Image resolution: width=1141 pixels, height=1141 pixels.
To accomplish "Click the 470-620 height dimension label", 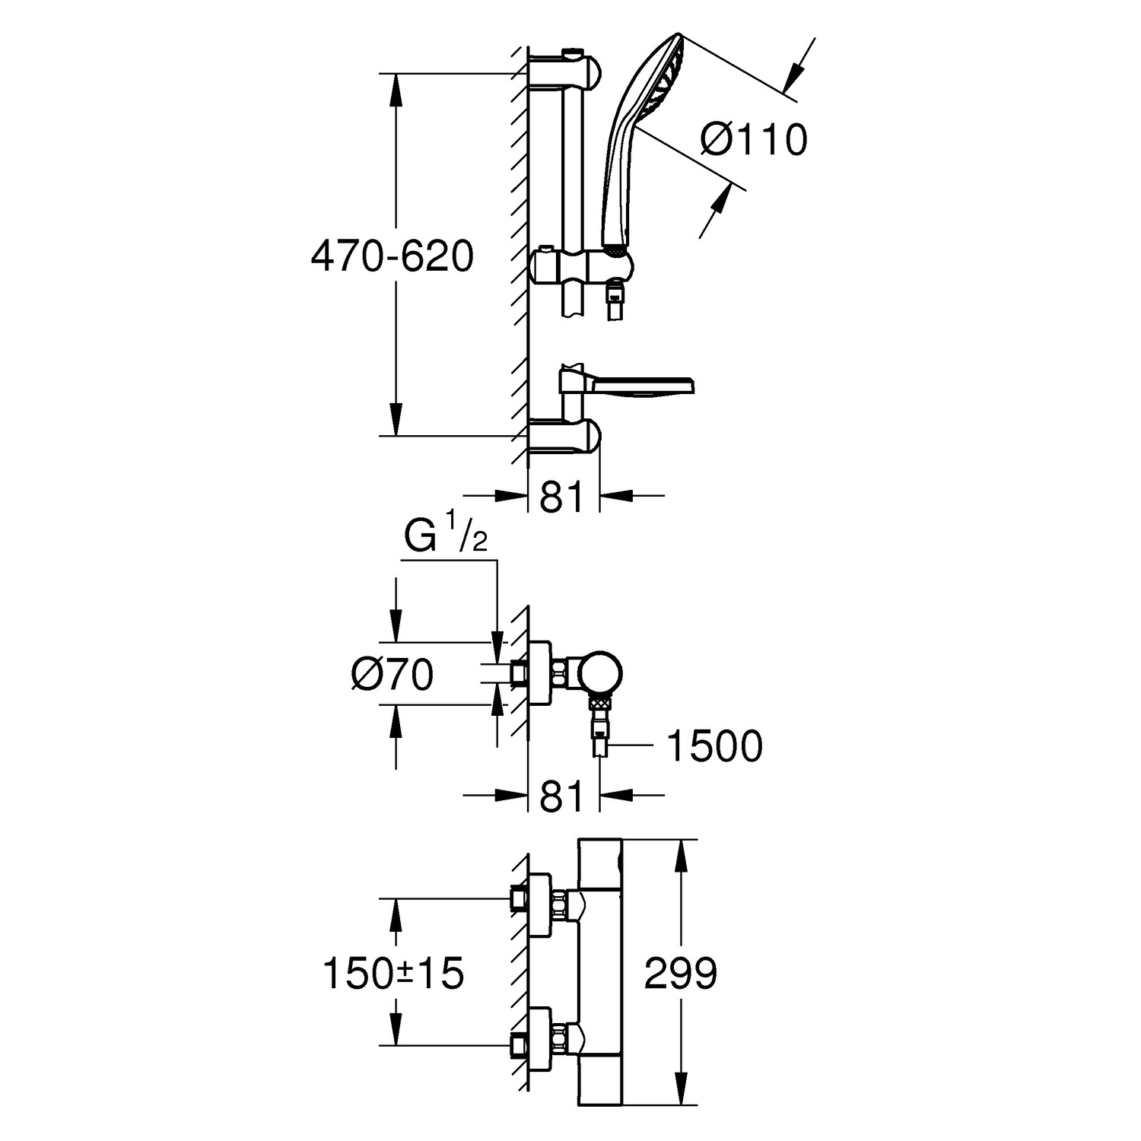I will (392, 256).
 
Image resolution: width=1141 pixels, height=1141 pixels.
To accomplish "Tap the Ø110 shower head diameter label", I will (752, 140).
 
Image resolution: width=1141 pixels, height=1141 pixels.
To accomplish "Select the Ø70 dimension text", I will (393, 674).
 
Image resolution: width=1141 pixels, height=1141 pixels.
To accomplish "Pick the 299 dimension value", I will (680, 973).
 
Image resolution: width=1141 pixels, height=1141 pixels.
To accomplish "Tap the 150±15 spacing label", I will (393, 973).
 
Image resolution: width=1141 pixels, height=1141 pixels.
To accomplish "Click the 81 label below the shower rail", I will (562, 498).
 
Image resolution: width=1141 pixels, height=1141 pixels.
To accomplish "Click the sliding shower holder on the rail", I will (582, 266).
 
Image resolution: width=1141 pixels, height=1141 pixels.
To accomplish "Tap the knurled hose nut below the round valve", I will (601, 704).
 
